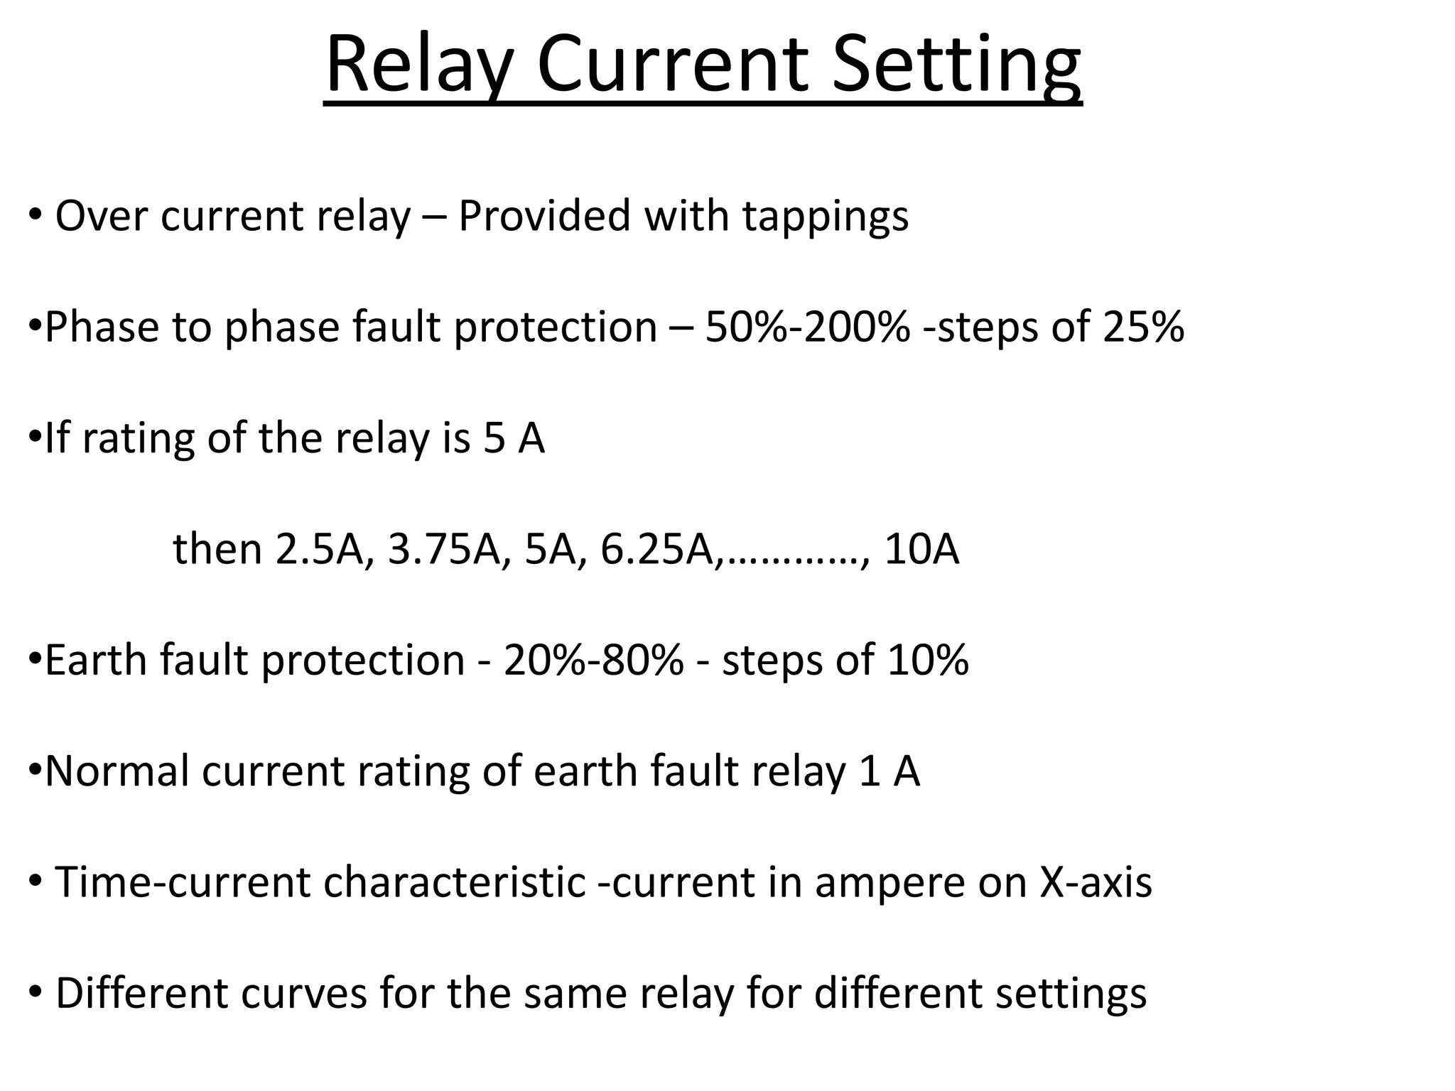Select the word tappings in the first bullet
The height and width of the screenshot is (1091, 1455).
[x=826, y=217]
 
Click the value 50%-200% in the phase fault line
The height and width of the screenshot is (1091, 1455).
[x=807, y=327]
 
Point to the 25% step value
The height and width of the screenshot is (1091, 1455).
[x=1143, y=327]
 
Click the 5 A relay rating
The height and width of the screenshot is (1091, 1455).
[x=514, y=438]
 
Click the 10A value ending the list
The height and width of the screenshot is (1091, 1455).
[x=921, y=549]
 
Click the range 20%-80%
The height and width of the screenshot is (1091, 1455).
[x=594, y=660]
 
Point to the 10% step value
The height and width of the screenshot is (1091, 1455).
[x=928, y=660]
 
